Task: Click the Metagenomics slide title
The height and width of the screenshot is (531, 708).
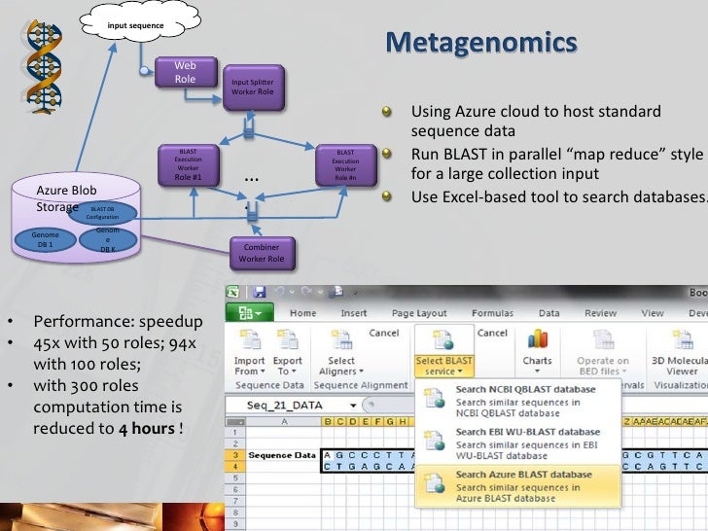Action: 480,44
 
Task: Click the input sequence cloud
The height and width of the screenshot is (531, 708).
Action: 135,24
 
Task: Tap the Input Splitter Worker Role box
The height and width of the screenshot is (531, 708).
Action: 252,88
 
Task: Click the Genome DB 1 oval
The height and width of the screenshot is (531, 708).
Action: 45,240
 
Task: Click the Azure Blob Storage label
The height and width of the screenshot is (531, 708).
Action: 65,197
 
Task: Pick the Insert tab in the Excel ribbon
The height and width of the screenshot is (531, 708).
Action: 354,313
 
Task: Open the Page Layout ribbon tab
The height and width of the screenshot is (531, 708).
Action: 417,313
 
